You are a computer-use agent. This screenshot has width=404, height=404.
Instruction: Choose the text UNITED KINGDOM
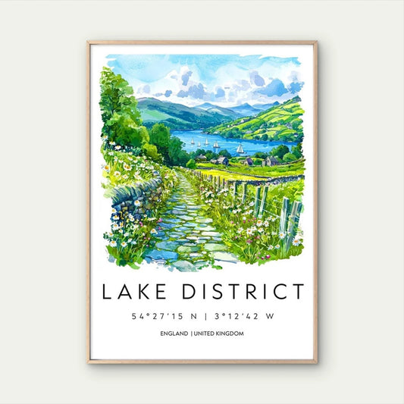tap(219, 334)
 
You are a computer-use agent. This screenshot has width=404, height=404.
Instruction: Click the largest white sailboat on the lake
tap(240, 149)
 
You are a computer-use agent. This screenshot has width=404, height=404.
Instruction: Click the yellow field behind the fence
tap(227, 172)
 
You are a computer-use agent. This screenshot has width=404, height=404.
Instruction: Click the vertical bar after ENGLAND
tap(193, 334)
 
